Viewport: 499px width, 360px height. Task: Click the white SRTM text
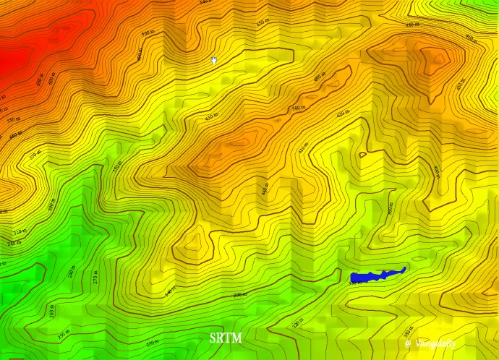226,338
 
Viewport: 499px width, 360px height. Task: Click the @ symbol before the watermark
409,343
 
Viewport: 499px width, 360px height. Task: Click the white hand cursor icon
214,60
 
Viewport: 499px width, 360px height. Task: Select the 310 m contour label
17,232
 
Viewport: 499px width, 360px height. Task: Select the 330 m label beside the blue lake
354,282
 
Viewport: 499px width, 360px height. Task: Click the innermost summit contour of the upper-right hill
434,56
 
